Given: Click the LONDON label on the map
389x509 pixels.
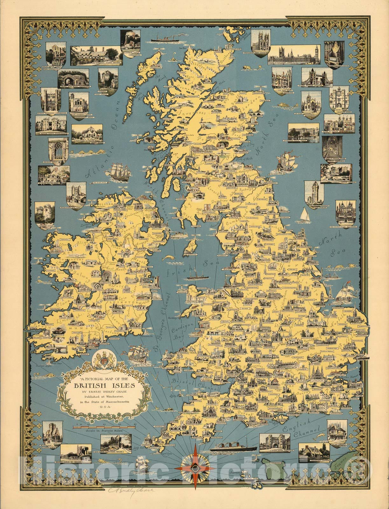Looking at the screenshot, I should pyautogui.click(x=318, y=381).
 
